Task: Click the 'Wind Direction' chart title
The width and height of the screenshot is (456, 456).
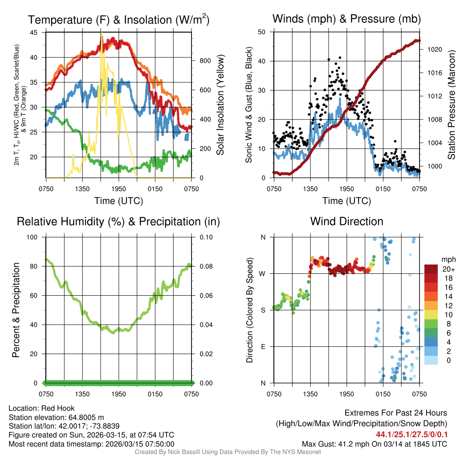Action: [346, 221]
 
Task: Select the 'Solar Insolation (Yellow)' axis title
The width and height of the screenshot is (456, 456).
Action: [220, 105]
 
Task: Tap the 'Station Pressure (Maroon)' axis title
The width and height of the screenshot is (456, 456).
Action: [451, 105]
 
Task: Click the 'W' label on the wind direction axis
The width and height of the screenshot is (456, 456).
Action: [263, 273]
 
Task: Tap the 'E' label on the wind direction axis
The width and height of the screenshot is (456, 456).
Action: [263, 346]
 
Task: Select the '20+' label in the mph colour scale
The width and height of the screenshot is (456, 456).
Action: [448, 269]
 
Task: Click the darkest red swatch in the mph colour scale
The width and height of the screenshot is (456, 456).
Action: [431, 269]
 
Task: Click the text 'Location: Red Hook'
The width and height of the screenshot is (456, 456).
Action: [41, 408]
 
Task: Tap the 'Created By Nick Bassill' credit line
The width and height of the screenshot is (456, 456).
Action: [228, 452]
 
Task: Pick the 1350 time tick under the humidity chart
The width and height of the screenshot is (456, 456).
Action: [82, 394]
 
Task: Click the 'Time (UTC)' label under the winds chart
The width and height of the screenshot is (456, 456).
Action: [347, 201]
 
